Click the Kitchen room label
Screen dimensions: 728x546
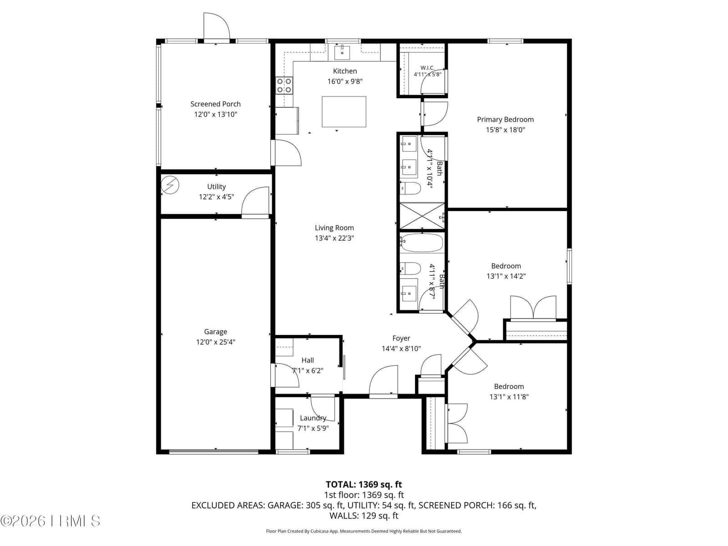point(344,71)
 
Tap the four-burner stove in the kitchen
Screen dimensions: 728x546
point(284,85)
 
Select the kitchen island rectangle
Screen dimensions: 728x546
point(344,112)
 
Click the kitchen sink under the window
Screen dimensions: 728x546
point(342,52)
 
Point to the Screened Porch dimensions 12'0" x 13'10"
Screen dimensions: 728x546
point(216,114)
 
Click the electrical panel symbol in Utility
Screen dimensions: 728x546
point(170,185)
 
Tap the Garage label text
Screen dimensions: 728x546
point(216,332)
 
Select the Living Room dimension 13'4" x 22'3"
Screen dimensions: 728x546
point(334,238)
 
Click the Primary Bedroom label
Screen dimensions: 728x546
point(506,119)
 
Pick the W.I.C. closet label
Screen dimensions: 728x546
point(428,68)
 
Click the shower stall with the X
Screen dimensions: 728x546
point(422,216)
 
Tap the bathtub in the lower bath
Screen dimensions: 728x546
point(421,243)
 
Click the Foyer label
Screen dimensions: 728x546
point(401,338)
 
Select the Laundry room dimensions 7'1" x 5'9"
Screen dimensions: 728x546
point(313,428)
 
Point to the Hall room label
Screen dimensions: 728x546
point(308,360)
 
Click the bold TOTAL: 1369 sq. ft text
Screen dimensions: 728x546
point(364,484)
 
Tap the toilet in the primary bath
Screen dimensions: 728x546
point(410,188)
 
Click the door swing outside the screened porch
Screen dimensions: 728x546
point(217,26)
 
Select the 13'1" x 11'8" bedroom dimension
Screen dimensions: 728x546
point(509,396)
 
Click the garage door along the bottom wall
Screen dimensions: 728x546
point(214,451)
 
